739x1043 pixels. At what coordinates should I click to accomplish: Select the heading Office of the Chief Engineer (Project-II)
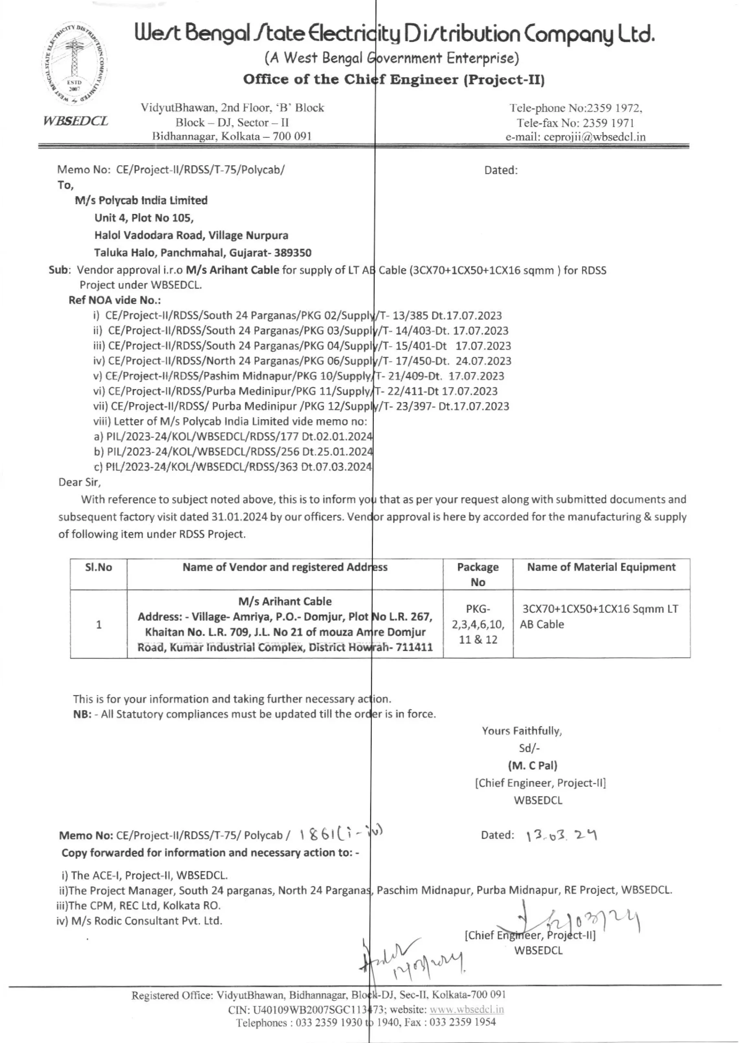click(x=394, y=80)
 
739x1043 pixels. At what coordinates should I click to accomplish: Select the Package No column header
click(x=478, y=574)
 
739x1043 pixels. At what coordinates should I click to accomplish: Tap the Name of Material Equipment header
click(x=601, y=567)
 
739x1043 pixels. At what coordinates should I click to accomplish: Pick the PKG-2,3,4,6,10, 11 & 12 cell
click(x=478, y=624)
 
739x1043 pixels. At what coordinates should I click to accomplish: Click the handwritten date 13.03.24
click(x=561, y=835)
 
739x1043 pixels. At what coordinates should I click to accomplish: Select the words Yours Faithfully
click(x=522, y=731)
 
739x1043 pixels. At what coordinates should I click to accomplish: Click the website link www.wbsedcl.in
click(x=467, y=1009)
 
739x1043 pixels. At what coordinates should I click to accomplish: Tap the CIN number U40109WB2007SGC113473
click(x=314, y=1009)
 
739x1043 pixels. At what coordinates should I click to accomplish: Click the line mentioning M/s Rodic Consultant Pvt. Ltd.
click(x=139, y=920)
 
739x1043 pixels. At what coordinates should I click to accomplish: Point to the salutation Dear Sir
click(x=80, y=482)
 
